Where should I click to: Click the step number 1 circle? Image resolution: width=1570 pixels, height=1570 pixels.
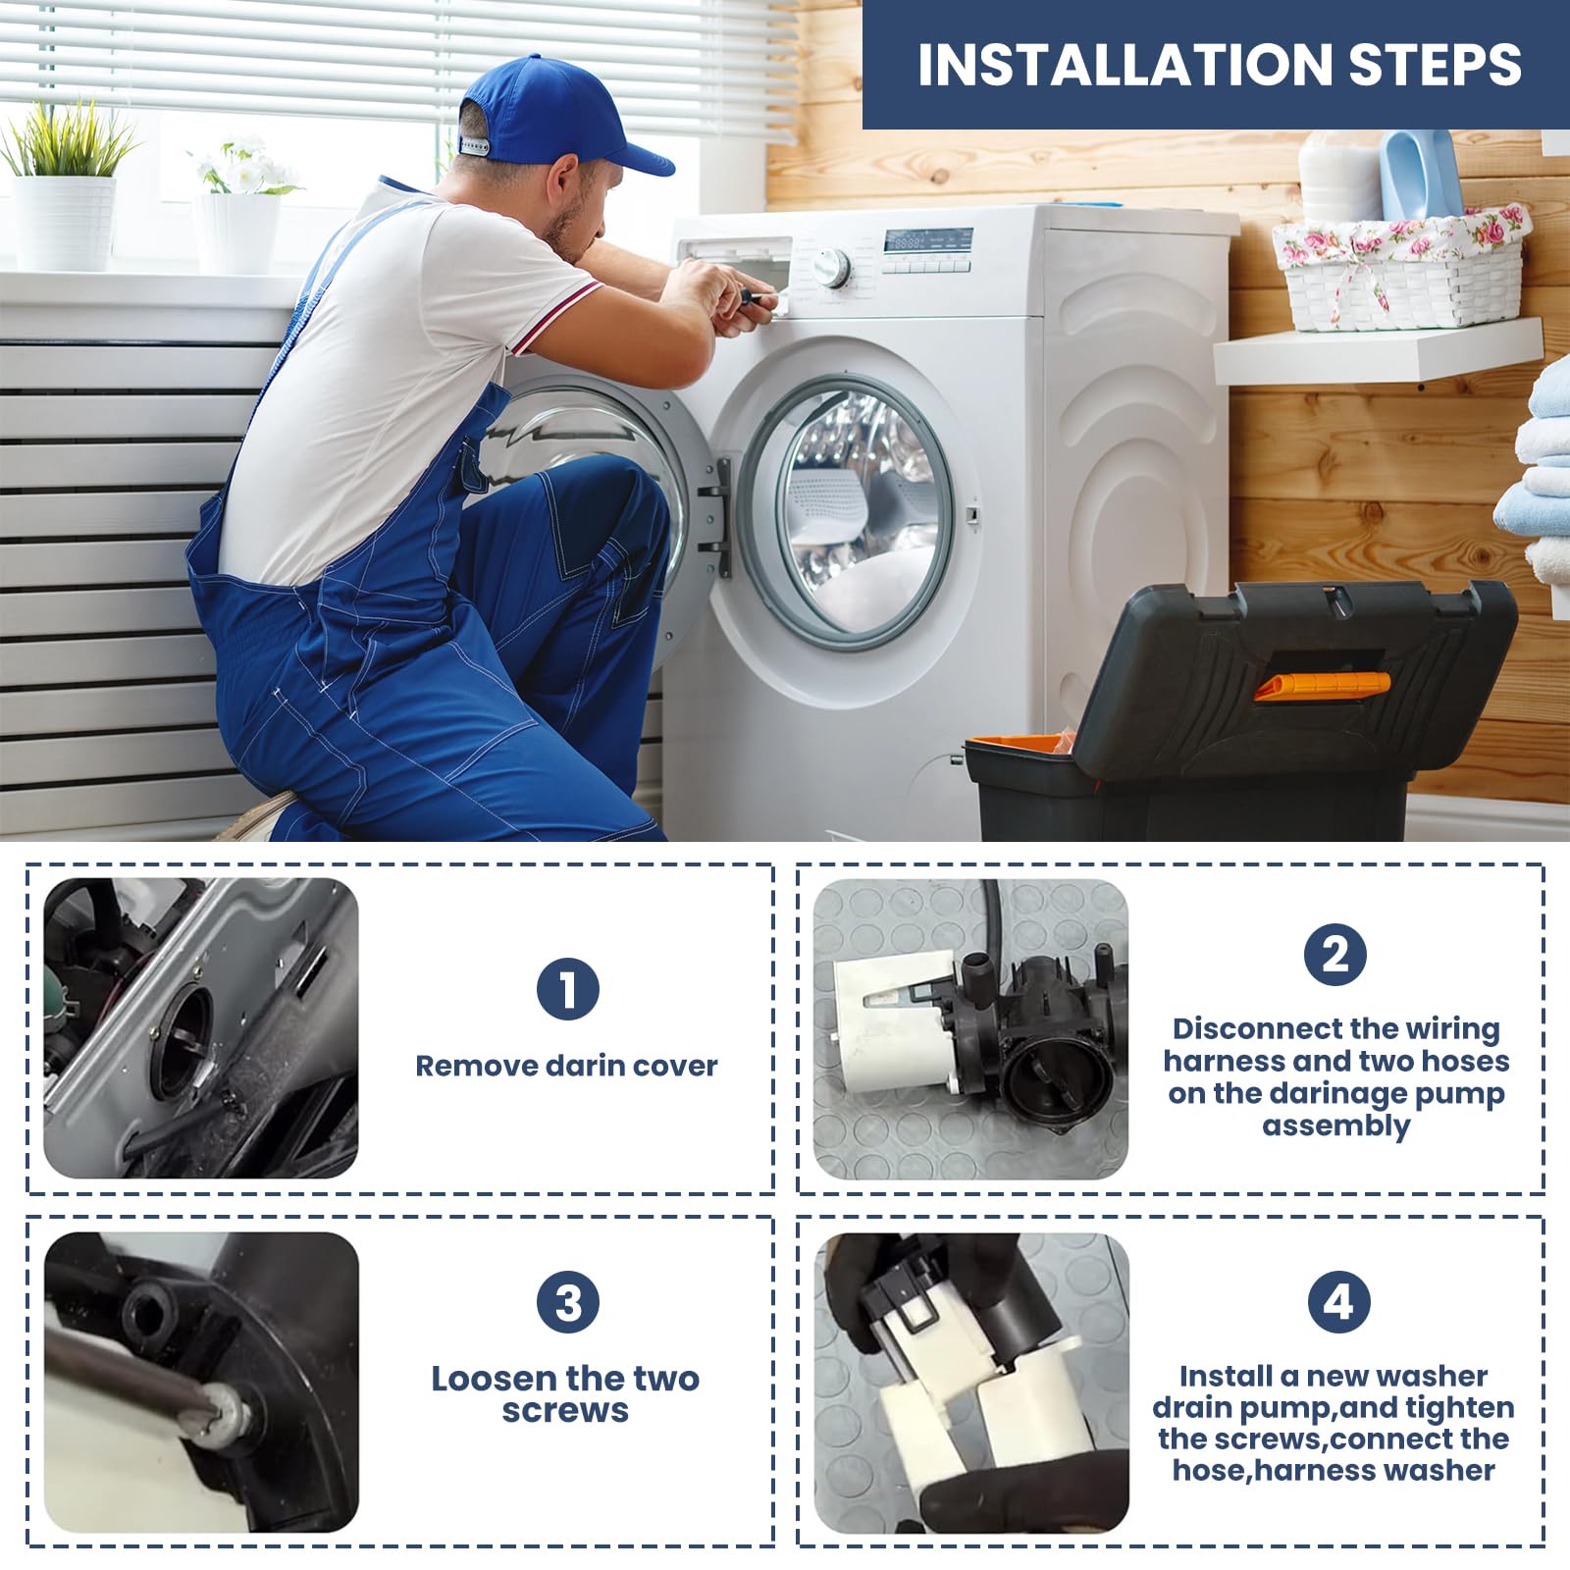[x=568, y=989]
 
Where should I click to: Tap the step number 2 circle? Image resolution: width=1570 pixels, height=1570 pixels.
[x=1335, y=954]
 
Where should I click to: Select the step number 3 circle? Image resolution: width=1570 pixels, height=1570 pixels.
[x=568, y=1302]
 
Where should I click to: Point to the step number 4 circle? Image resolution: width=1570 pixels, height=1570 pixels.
[x=1338, y=1302]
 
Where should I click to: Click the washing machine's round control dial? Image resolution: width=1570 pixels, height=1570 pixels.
[x=832, y=266]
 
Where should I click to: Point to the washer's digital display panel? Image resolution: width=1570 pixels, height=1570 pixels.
[x=927, y=240]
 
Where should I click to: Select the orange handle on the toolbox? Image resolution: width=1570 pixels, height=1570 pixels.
[x=1322, y=686]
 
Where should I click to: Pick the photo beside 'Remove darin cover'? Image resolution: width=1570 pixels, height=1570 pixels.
[x=200, y=1028]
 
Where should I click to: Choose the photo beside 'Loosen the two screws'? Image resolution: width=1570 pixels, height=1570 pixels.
[x=201, y=1383]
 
